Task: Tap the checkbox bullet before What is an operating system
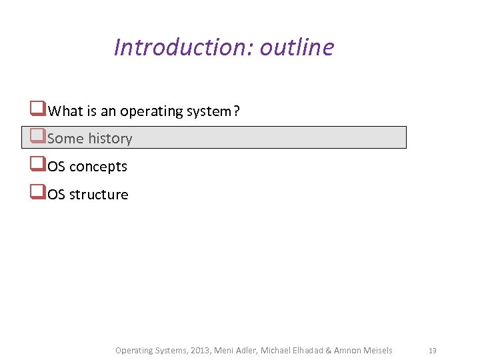(37, 109)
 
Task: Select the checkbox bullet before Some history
(37, 137)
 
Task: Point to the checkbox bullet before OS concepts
(37, 165)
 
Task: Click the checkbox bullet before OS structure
(37, 193)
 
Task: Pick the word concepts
(99, 167)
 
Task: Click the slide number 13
(432, 351)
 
